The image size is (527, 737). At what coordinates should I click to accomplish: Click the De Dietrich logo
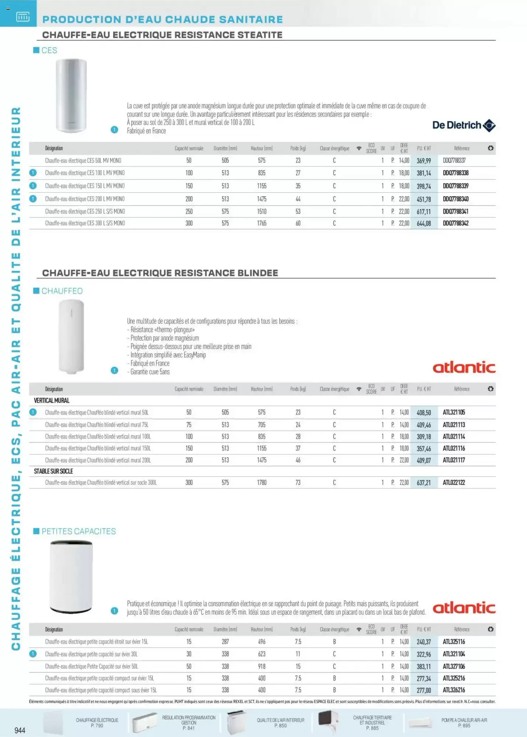(464, 125)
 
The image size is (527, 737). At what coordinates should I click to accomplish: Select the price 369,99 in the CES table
(424, 161)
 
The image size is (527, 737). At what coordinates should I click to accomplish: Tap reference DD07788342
(455, 223)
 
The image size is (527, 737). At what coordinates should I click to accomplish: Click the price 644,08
(424, 223)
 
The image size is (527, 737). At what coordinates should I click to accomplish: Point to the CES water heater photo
(71, 95)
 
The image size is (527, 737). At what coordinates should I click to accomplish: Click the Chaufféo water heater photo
(71, 336)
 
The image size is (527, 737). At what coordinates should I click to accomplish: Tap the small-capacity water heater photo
(71, 577)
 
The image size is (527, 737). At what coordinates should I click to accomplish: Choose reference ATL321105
(454, 412)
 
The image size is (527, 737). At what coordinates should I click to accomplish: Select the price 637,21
(424, 483)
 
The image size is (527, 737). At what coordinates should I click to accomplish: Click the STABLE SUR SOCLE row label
(53, 471)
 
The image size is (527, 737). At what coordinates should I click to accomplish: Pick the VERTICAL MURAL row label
(52, 401)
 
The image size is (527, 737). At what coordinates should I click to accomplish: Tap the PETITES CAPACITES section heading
(78, 531)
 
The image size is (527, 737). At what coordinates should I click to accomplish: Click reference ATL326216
(454, 690)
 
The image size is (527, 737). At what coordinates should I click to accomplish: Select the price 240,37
(424, 642)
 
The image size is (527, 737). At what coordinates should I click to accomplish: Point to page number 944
(20, 730)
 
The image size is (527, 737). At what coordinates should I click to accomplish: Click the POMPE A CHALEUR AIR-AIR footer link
(464, 723)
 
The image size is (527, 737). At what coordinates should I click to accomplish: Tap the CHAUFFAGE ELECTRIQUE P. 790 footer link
(97, 723)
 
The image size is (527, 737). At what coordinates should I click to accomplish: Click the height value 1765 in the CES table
(261, 223)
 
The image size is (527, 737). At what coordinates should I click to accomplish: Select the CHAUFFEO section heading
(62, 291)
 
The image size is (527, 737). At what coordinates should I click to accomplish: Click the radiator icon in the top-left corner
(23, 17)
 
